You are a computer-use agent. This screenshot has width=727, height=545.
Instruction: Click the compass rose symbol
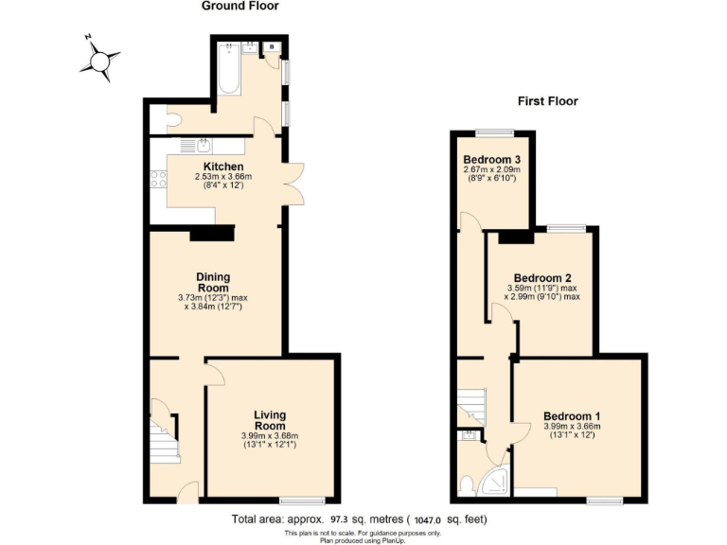pyautogui.click(x=99, y=58)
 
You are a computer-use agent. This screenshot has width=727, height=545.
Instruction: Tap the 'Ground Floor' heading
pyautogui.click(x=239, y=7)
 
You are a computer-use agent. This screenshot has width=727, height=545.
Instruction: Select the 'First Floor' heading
pyautogui.click(x=546, y=101)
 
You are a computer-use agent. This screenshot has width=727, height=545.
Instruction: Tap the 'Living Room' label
pyautogui.click(x=269, y=420)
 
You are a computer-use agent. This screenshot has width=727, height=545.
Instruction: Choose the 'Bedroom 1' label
pyautogui.click(x=571, y=416)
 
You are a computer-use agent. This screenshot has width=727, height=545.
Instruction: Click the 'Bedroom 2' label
pyautogui.click(x=548, y=278)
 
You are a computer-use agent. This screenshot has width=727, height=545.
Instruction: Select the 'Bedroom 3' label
pyautogui.click(x=491, y=159)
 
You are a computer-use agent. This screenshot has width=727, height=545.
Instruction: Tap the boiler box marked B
pyautogui.click(x=273, y=46)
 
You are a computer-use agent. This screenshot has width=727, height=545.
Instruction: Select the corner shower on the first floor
pyautogui.click(x=494, y=483)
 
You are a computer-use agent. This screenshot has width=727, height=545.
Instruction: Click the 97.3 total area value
pyautogui.click(x=343, y=519)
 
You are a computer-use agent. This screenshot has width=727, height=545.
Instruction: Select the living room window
pyautogui.click(x=303, y=500)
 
